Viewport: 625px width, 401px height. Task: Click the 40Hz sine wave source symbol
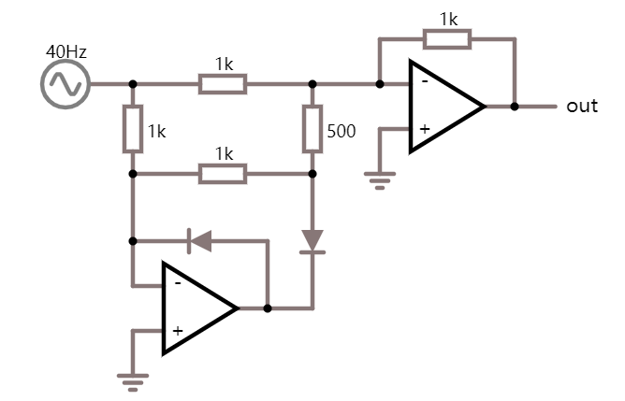65,84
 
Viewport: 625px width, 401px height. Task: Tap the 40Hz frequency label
66,51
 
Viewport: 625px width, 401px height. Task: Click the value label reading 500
341,132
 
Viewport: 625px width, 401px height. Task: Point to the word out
581,106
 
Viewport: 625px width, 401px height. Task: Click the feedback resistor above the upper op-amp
446,39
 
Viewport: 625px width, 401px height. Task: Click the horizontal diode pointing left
199,240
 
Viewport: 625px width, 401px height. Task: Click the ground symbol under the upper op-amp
379,180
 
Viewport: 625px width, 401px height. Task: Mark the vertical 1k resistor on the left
132,130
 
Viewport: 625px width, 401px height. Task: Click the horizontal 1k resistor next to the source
223,84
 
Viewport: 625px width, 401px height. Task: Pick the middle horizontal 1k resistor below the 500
223,174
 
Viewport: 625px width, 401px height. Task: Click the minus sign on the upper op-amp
424,81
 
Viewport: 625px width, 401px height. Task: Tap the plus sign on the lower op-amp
177,330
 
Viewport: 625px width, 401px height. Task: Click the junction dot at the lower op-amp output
268,308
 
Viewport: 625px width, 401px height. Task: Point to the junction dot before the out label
514,107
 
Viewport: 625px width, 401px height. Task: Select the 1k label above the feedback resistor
448,19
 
